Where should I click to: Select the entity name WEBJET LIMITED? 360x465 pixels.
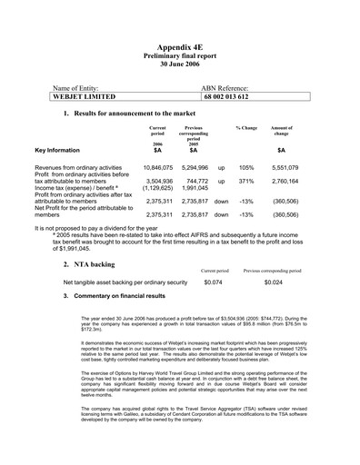[x=85, y=95]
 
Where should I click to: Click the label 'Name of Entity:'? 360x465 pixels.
[x=81, y=85]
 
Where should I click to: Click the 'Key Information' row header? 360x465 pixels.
[x=62, y=149]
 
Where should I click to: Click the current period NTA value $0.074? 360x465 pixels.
[x=214, y=282]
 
